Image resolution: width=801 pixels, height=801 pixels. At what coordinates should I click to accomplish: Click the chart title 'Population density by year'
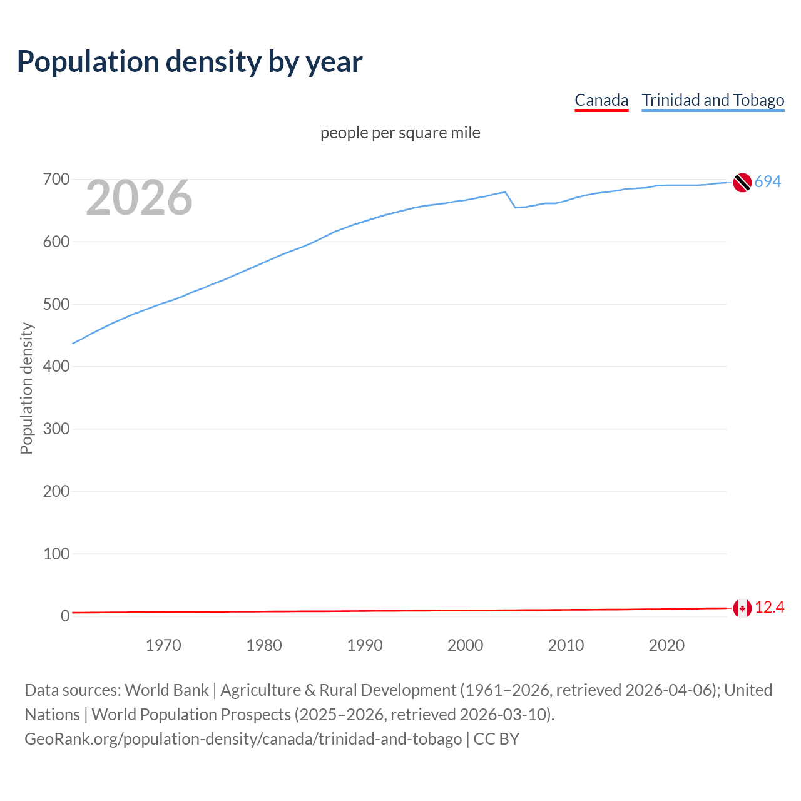click(190, 62)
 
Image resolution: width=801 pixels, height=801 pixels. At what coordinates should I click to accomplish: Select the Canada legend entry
click(601, 100)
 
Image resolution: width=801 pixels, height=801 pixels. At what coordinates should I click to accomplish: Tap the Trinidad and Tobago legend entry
click(713, 100)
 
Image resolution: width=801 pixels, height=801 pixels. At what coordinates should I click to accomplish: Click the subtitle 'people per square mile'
click(400, 133)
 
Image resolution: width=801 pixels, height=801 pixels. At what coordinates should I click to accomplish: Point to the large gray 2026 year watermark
click(139, 198)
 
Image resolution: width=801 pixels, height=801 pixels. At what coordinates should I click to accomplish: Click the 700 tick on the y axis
click(56, 180)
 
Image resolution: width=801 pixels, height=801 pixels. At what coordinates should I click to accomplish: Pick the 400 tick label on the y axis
click(56, 366)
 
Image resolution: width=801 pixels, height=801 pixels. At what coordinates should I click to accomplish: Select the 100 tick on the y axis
click(56, 554)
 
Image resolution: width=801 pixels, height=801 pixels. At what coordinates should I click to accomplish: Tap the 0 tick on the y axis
click(65, 616)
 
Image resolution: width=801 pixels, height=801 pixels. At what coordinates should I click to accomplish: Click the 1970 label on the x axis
click(163, 645)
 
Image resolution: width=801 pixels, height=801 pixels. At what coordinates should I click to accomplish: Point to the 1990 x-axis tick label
click(365, 645)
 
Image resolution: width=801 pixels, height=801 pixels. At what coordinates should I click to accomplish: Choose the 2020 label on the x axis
click(666, 645)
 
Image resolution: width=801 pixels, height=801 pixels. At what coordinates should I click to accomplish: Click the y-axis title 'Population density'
click(26, 388)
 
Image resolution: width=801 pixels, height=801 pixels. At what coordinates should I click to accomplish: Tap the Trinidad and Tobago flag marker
click(742, 182)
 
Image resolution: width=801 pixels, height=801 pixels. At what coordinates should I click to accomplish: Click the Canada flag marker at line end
click(742, 608)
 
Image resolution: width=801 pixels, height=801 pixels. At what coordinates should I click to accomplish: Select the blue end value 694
click(768, 181)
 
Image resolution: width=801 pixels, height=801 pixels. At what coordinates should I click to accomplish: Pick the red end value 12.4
click(770, 607)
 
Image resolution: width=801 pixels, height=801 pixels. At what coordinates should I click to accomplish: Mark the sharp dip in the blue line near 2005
click(515, 207)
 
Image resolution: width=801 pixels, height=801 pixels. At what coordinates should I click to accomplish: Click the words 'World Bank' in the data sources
click(166, 690)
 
